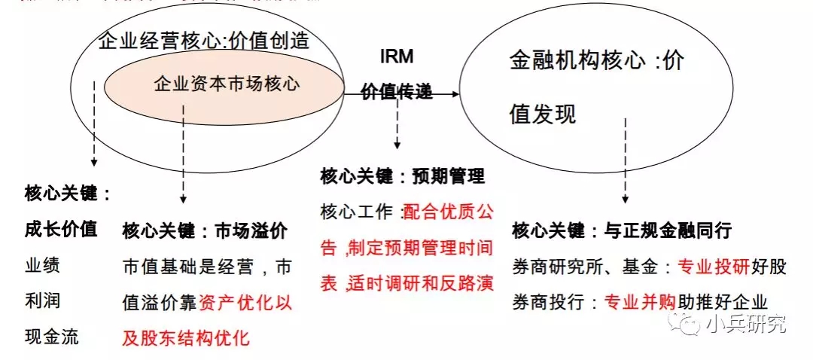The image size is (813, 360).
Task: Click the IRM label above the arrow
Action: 397,57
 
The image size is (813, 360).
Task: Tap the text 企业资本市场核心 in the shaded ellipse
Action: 227,84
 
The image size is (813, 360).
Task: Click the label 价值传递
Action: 397,92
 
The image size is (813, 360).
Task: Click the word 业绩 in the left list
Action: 42,265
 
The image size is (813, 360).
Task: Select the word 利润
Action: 42,301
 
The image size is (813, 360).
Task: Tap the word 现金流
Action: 51,336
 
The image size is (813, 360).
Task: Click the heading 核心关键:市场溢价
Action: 205,230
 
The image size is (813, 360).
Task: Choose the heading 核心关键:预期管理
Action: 403,176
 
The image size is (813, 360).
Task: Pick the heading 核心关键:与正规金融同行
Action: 622,230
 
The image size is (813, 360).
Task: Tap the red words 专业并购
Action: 642,302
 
